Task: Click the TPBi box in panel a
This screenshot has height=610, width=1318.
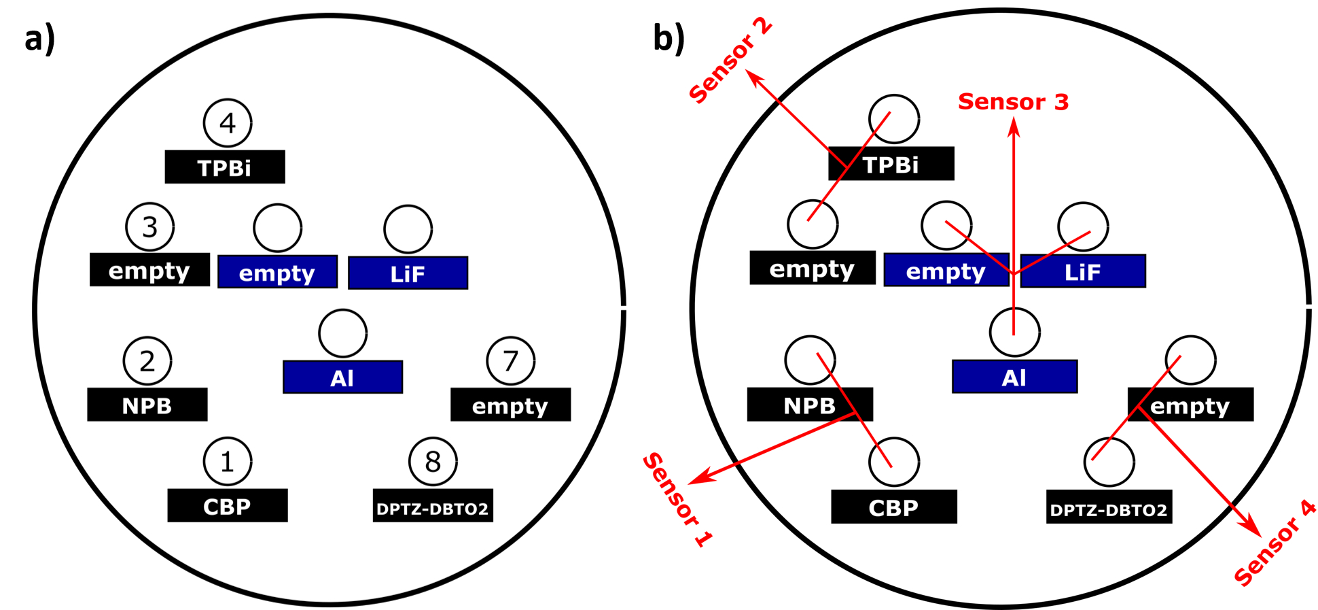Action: [225, 167]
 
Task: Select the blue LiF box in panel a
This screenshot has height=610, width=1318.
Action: [408, 273]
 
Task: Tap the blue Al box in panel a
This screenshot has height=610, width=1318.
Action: [342, 377]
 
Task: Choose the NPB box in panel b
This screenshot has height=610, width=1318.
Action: [810, 405]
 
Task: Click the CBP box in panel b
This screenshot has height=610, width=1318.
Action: [894, 507]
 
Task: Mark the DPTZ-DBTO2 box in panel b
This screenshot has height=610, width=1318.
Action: [1109, 507]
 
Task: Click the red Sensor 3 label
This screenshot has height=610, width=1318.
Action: [1013, 102]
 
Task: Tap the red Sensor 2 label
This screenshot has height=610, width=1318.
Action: [730, 61]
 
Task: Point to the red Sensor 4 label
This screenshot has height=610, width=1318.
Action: [1275, 543]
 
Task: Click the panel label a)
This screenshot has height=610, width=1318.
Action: [39, 39]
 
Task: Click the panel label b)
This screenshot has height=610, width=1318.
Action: [669, 38]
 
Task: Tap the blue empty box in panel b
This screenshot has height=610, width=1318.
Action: [946, 270]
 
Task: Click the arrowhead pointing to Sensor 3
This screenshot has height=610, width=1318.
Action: [1014, 127]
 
